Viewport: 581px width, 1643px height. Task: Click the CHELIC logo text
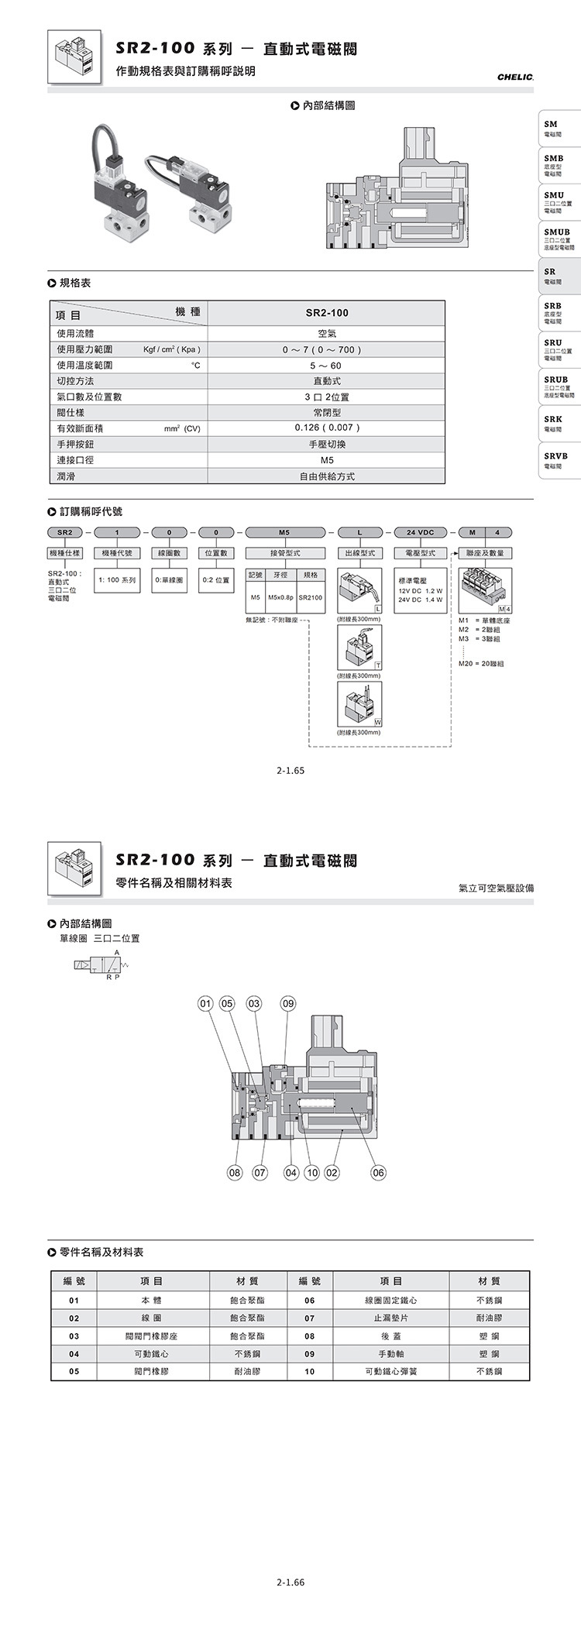point(515,77)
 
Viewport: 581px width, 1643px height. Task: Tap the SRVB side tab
point(557,460)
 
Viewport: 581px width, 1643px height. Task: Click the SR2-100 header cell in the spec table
point(327,313)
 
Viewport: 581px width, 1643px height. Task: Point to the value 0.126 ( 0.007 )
point(327,428)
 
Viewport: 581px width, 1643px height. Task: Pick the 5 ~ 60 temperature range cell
point(327,365)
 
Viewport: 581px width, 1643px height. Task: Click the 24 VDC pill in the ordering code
point(420,532)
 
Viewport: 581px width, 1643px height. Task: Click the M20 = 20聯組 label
point(481,664)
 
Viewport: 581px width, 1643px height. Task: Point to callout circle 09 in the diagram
point(288,1004)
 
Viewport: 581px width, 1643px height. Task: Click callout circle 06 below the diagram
point(377,1173)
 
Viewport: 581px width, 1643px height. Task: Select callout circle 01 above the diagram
point(205,1004)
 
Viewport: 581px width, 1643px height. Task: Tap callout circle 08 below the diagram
point(233,1173)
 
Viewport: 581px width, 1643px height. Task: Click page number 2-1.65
point(291,771)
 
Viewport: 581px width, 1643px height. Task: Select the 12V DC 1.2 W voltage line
point(420,590)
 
